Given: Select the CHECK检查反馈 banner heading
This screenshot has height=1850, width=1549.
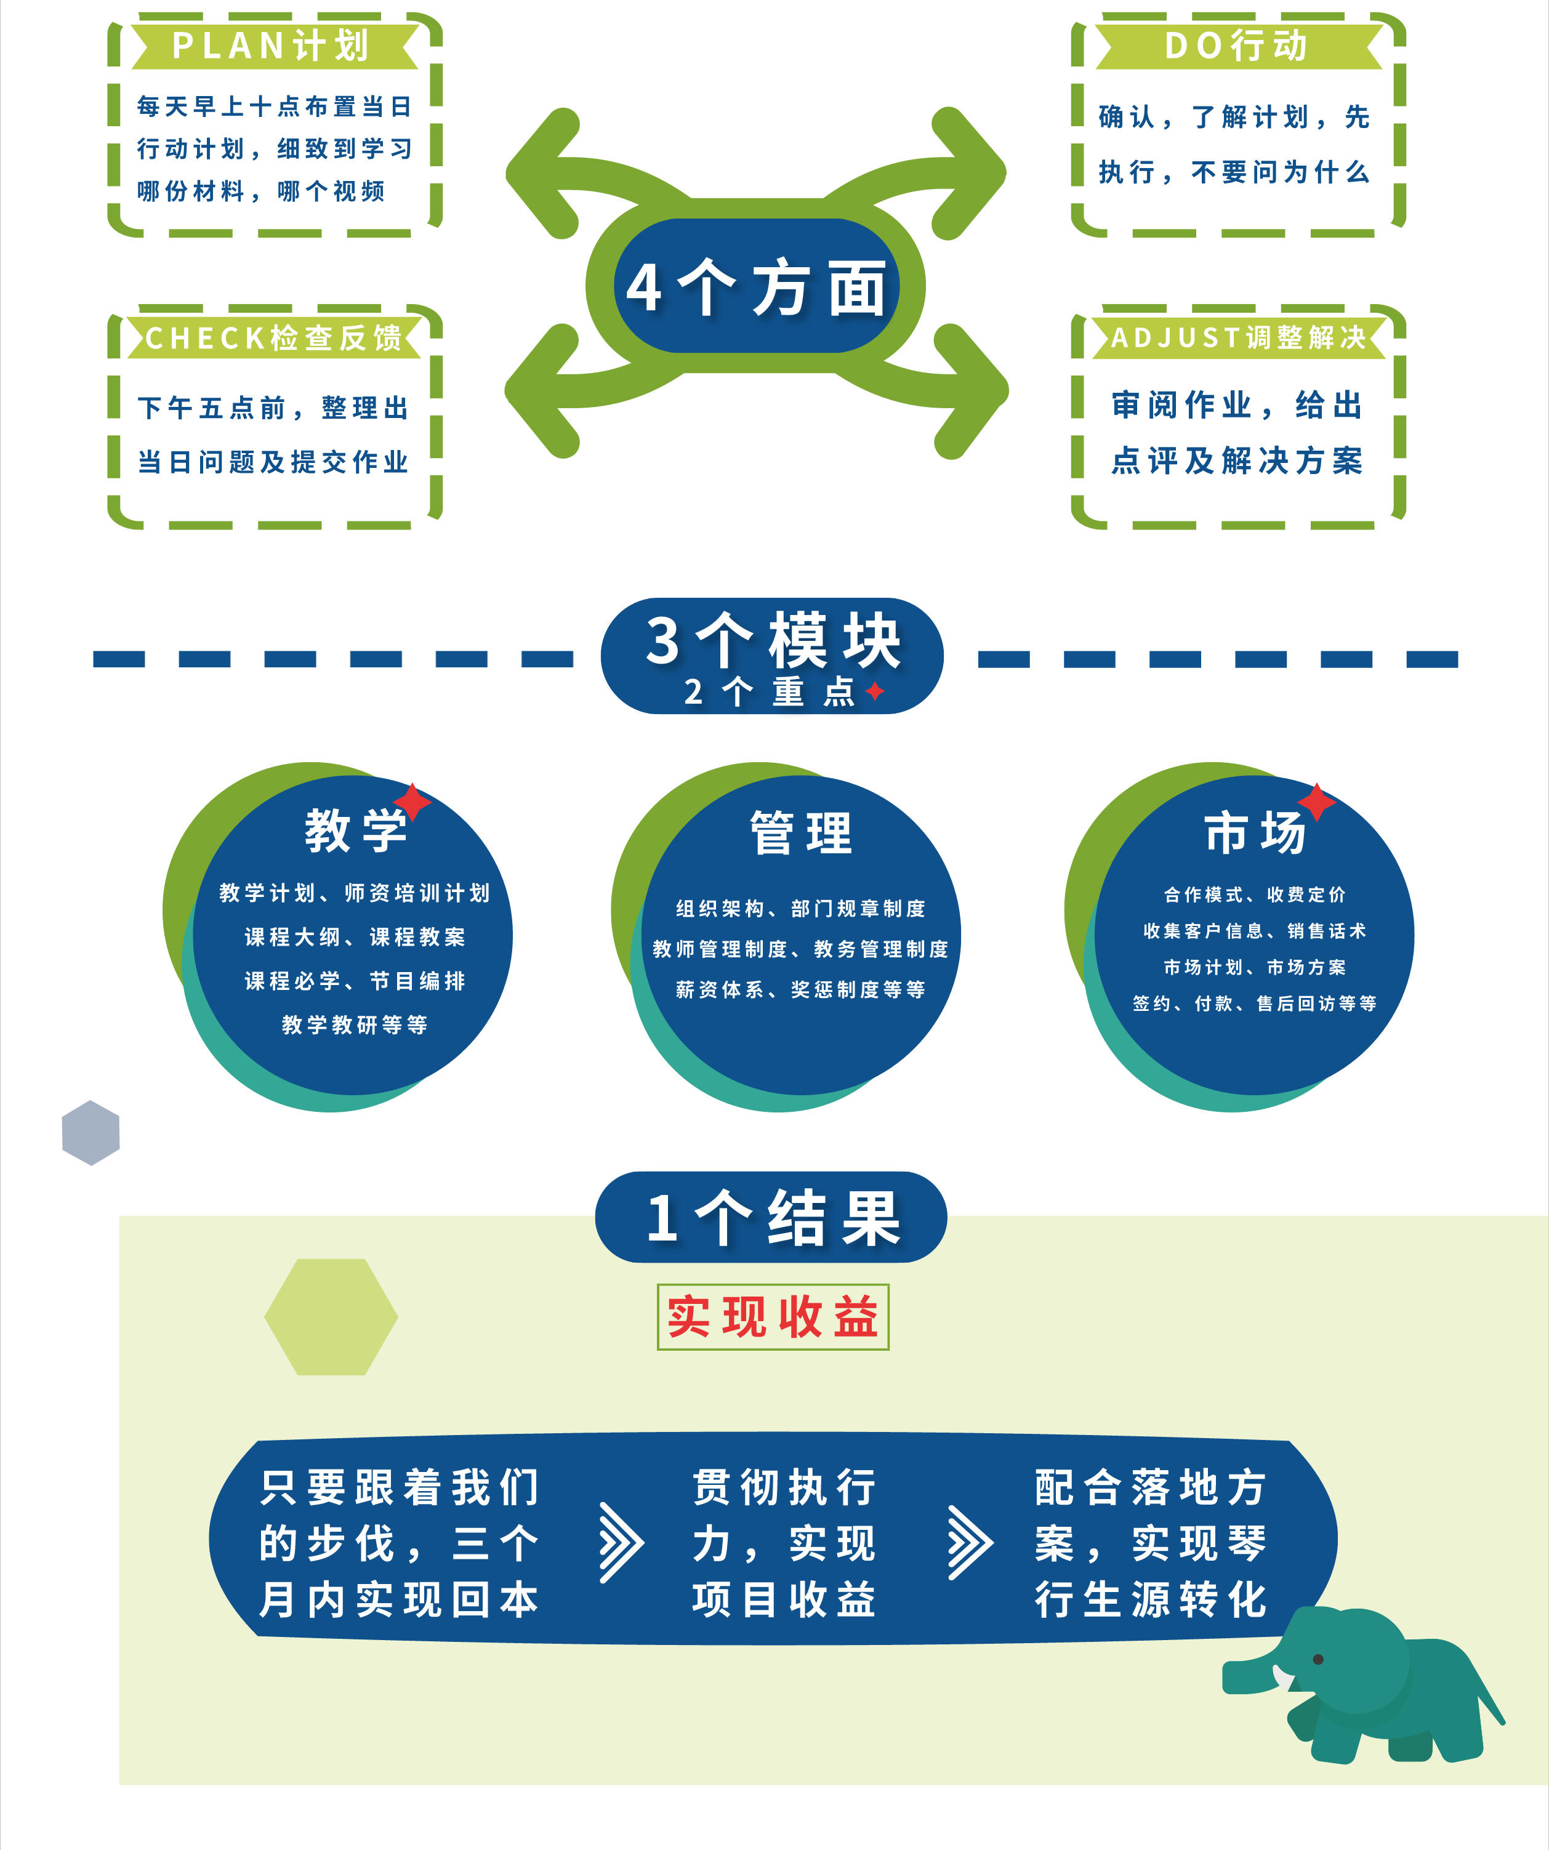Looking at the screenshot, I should click(273, 337).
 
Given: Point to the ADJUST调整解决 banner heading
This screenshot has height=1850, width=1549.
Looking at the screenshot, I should click(1238, 337).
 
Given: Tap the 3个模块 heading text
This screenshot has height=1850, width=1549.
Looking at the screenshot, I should click(773, 640).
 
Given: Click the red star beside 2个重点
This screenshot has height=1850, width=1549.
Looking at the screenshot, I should click(875, 691).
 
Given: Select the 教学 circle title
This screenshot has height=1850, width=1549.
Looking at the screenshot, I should click(356, 830).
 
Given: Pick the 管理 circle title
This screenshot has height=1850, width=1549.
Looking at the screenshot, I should click(801, 832).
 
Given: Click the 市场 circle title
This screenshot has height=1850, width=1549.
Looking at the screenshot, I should click(1255, 832).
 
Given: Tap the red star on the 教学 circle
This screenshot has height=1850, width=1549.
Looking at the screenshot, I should click(412, 802).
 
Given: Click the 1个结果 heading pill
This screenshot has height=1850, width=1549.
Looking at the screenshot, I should click(772, 1218).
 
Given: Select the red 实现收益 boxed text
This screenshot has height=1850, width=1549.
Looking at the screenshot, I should click(773, 1317).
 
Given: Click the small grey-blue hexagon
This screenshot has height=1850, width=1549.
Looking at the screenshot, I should click(91, 1133).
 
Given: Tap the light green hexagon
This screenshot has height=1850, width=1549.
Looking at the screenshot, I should click(331, 1317).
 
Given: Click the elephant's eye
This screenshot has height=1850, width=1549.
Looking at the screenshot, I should click(1318, 1660).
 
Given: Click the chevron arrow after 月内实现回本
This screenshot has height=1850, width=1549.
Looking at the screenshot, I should click(621, 1542).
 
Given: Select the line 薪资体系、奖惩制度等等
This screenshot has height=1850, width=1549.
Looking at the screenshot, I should click(800, 989).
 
